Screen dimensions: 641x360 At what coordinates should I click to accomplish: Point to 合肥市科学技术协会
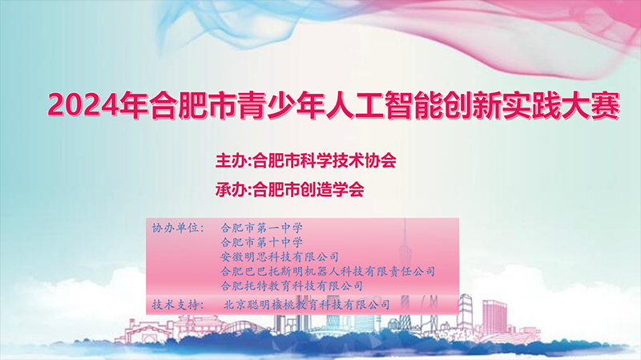point(325,160)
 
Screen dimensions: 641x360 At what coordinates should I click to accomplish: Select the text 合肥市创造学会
point(308,189)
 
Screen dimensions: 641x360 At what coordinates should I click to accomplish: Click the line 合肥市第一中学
point(262,228)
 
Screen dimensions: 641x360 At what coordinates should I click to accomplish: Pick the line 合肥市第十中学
point(262,242)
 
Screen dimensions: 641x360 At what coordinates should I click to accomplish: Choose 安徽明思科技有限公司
point(280,257)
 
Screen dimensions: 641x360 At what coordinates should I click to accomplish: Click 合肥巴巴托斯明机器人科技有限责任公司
point(328,271)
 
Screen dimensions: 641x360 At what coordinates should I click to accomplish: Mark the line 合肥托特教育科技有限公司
point(292,285)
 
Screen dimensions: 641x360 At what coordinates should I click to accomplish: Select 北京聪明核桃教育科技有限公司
point(307,305)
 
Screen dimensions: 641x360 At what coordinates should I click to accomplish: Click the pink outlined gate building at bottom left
point(144,330)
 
